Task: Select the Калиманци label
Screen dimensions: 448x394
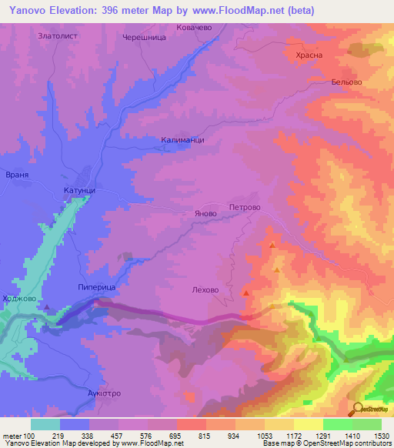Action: (x=182, y=139)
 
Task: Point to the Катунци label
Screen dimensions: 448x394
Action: (x=78, y=189)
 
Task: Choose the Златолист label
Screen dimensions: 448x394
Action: (x=58, y=35)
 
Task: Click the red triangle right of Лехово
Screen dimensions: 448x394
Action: (x=246, y=293)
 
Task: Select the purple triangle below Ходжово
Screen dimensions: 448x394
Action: (x=48, y=307)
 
